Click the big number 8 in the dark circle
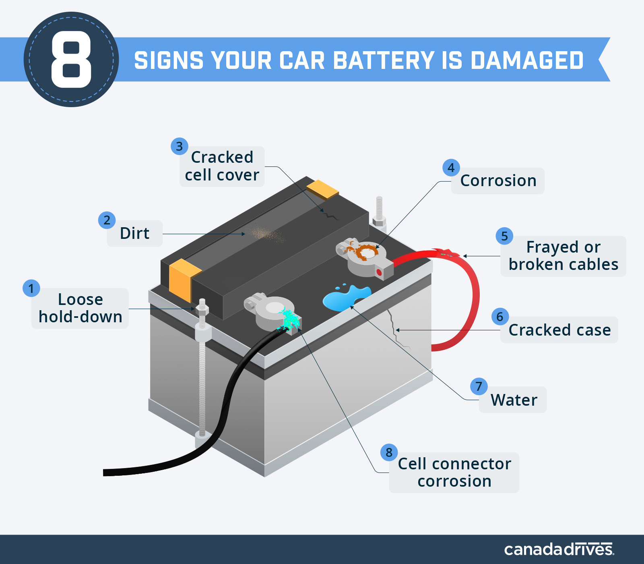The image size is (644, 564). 71,60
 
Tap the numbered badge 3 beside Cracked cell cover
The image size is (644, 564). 180,146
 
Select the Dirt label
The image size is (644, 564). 134,233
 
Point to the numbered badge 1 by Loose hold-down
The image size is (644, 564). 31,288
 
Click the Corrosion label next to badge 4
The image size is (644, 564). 498,181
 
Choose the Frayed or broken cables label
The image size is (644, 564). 563,256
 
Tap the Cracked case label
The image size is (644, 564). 559,330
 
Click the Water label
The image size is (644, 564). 514,400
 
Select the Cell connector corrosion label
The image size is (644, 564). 454,473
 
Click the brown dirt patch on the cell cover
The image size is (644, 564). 264,234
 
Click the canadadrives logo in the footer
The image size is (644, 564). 559,549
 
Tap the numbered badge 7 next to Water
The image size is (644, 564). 479,386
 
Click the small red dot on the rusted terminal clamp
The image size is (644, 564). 379,273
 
